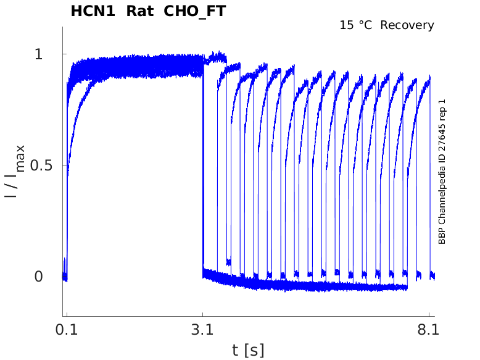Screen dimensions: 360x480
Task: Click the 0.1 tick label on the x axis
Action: pyautogui.click(x=66, y=330)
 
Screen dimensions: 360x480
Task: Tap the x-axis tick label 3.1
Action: pyautogui.click(x=203, y=330)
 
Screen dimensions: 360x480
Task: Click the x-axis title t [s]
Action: pyautogui.click(x=248, y=350)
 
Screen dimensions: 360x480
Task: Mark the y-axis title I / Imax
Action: pyautogui.click(x=15, y=170)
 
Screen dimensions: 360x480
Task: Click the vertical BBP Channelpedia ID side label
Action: pyautogui.click(x=442, y=172)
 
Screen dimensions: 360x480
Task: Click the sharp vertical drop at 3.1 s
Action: pyautogui.click(x=203, y=167)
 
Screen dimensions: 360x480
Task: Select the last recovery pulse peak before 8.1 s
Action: pyautogui.click(x=428, y=80)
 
